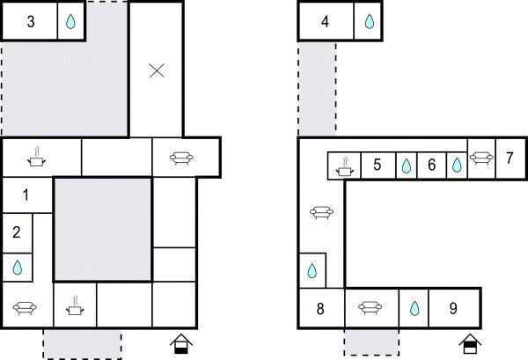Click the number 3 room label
(31, 22)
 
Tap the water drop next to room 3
(70, 22)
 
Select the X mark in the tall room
(157, 70)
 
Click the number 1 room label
(25, 195)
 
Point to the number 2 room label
(17, 233)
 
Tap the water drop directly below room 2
(17, 266)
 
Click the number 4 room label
(326, 22)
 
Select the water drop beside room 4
(369, 22)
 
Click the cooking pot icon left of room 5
(345, 165)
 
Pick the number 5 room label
(377, 165)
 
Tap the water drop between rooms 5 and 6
(406, 165)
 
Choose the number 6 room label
(431, 165)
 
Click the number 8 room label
(320, 309)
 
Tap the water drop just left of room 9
(414, 309)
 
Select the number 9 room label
(453, 309)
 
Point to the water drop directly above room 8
(312, 270)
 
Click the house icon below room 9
(471, 343)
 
